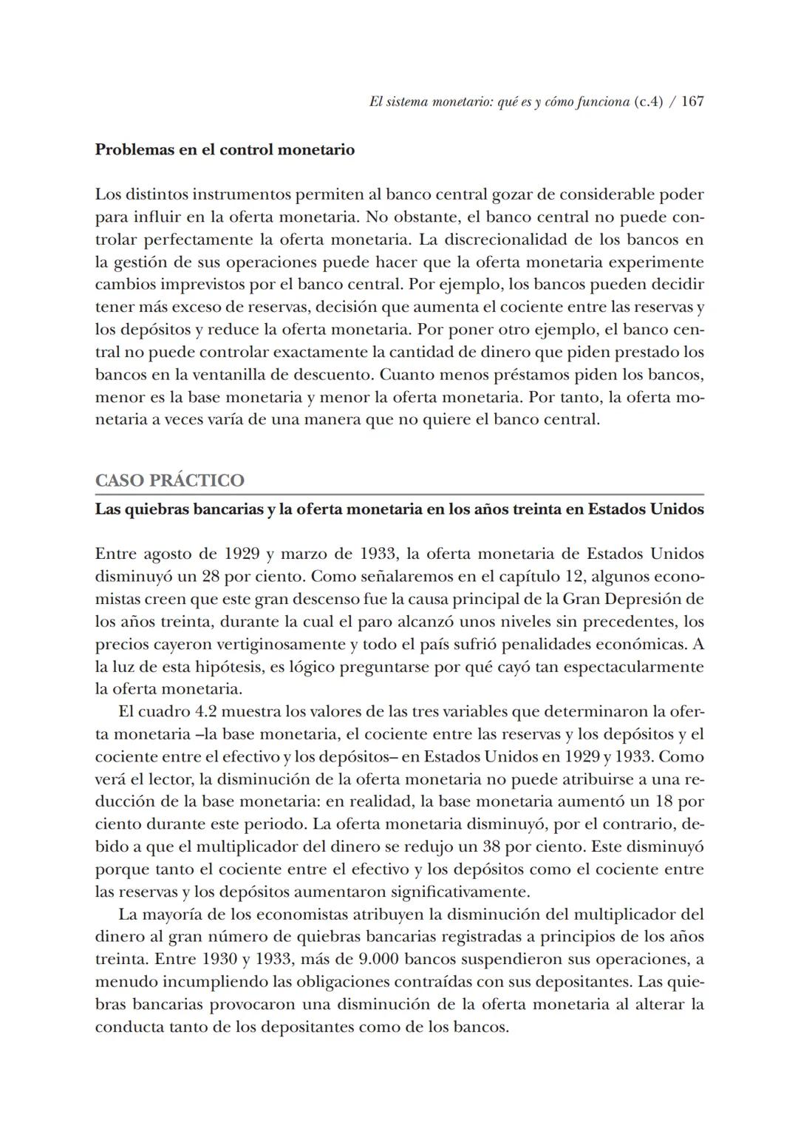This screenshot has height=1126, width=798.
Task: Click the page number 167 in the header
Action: [692, 101]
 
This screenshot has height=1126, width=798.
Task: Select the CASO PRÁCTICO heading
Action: [169, 481]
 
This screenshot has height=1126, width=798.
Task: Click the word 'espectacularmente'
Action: [633, 667]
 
